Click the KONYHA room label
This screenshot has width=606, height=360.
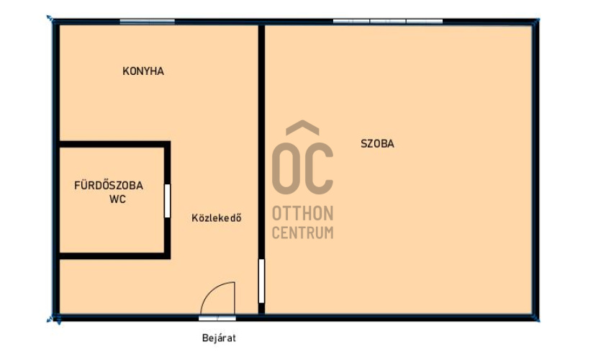coord(143,71)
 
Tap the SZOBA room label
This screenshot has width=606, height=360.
coord(377,144)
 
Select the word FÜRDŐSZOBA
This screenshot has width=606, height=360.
coord(109,185)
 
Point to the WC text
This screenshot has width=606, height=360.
coord(117,199)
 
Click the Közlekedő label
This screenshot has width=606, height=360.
coord(217,218)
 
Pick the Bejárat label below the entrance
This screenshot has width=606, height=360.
coord(219,338)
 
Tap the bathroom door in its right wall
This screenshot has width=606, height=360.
coord(168,201)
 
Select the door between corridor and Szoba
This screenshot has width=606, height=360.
coord(262,281)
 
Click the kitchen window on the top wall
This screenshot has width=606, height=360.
coord(148,22)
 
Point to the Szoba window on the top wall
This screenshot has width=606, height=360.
coord(388,22)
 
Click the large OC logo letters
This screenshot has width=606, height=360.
coord(302,168)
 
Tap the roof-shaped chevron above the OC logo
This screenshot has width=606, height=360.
coord(302,127)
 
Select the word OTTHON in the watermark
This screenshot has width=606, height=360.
coord(302,213)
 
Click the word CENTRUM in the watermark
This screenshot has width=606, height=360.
coord(302,233)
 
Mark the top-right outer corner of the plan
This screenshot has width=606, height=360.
coord(536,19)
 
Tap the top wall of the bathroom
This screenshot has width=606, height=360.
coord(114,144)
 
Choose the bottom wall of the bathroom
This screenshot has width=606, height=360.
coord(114,256)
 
